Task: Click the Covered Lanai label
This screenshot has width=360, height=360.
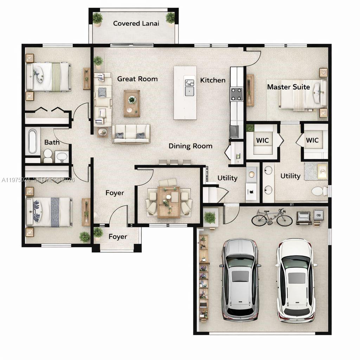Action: click(x=136, y=24)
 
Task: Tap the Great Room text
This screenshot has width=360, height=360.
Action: click(x=137, y=79)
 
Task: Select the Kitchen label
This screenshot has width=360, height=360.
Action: click(x=213, y=80)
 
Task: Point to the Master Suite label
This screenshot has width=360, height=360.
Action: click(x=288, y=87)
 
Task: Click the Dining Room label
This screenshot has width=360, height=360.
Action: click(x=190, y=146)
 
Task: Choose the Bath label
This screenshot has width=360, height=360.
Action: click(x=52, y=142)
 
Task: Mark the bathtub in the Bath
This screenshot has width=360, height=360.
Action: click(x=33, y=141)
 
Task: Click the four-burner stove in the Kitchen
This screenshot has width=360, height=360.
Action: click(x=237, y=94)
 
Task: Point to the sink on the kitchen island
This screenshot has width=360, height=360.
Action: click(x=189, y=91)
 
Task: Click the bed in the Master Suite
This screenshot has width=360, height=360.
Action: click(x=303, y=94)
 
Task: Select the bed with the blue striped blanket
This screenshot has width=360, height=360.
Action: click(x=49, y=212)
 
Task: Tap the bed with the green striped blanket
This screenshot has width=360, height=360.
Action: click(x=49, y=77)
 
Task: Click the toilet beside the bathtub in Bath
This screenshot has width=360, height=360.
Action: click(x=48, y=156)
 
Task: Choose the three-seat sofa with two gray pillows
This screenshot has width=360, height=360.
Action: click(x=131, y=134)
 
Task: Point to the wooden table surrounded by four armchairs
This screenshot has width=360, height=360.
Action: click(x=169, y=202)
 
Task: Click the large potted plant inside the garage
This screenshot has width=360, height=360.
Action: click(x=210, y=218)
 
